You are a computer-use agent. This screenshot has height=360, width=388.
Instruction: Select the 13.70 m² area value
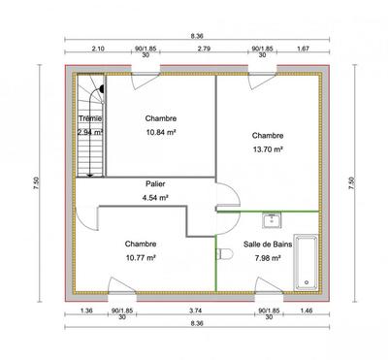[x=267, y=149]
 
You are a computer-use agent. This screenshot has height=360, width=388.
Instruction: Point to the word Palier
[x=155, y=184]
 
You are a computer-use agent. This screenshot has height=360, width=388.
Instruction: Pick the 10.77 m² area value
[x=142, y=258]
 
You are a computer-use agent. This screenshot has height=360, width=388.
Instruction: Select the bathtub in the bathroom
[x=306, y=259]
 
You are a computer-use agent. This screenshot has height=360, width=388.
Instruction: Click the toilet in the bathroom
[x=225, y=253]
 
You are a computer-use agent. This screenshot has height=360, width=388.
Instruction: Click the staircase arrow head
[x=89, y=175]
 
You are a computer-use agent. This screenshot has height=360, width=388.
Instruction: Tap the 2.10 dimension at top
[x=98, y=48]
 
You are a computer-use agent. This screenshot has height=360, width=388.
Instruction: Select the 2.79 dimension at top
[x=203, y=48]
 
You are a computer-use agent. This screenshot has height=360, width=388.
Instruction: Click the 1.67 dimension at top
[x=303, y=48]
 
